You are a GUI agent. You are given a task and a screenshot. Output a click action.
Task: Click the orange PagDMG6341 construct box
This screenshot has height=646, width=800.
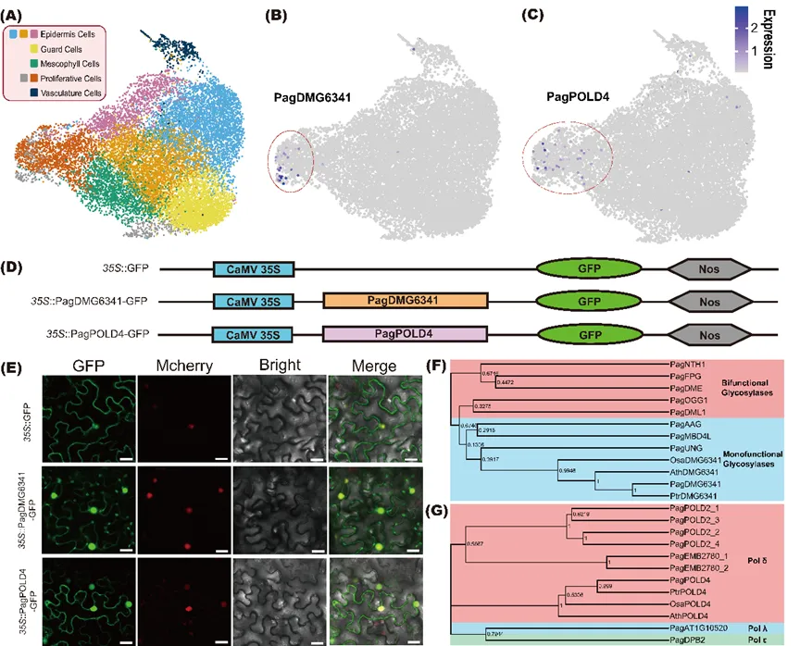point(406,301)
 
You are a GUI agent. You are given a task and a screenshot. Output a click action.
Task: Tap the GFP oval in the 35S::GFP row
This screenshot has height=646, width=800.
point(589,268)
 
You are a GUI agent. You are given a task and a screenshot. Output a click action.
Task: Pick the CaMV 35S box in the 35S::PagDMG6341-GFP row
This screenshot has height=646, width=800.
point(253,301)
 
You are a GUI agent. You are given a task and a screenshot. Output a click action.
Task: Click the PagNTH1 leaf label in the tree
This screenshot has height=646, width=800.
point(688,364)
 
